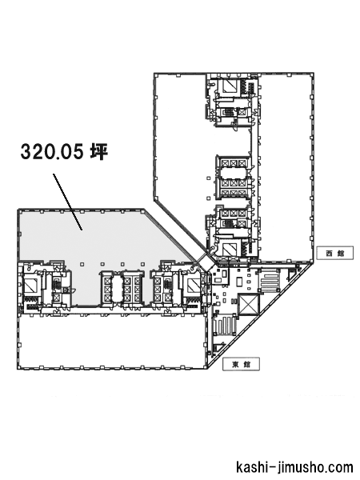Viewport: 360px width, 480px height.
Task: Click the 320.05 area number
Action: [51, 151]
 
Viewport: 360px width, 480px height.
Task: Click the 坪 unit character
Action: [98, 151]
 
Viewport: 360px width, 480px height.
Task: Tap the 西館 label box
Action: [334, 253]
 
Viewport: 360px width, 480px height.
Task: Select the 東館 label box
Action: [241, 364]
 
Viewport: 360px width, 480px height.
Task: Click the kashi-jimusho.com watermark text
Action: [294, 467]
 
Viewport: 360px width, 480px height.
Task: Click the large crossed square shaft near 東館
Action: [248, 304]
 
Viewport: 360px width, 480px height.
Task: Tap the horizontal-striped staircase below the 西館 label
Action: [270, 282]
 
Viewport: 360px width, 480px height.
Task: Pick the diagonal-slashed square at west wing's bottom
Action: [228, 249]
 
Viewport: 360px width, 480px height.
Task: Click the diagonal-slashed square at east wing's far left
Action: [30, 287]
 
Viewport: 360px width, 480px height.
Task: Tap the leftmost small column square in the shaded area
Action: [82, 264]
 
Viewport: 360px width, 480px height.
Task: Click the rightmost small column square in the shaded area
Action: [142, 264]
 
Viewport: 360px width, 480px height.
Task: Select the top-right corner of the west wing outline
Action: [314, 73]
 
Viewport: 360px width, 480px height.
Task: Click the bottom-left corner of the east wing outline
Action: [18, 369]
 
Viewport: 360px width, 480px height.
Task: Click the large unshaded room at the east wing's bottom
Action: [112, 341]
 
